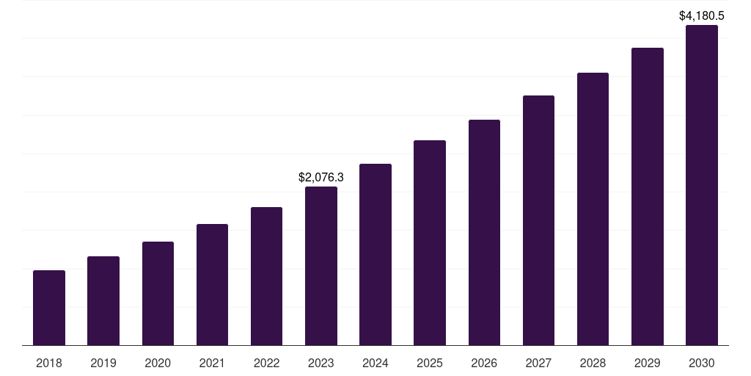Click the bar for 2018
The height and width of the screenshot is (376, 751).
(49, 308)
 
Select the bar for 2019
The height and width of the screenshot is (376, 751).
(103, 300)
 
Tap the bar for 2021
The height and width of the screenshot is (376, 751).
(212, 284)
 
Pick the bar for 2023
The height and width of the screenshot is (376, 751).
(321, 266)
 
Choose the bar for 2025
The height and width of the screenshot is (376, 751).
(430, 242)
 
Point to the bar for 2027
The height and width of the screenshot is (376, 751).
(538, 220)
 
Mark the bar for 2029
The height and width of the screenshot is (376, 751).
(647, 196)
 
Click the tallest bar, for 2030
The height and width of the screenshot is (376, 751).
(702, 185)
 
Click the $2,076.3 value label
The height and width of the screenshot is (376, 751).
(321, 177)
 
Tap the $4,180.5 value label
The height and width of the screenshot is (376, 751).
(702, 15)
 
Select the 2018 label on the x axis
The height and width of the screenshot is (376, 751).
(49, 363)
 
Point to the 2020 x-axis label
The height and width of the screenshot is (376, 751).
(158, 363)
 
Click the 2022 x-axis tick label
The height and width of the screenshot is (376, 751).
(266, 363)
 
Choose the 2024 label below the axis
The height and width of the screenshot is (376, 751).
(375, 363)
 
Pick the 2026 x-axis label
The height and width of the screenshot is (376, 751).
(484, 363)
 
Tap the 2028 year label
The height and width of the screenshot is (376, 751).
(593, 363)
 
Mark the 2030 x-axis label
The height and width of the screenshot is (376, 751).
(702, 363)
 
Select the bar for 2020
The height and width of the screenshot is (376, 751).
(158, 293)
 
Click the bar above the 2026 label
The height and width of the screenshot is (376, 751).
(484, 232)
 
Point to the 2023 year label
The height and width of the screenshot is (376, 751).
(321, 363)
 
